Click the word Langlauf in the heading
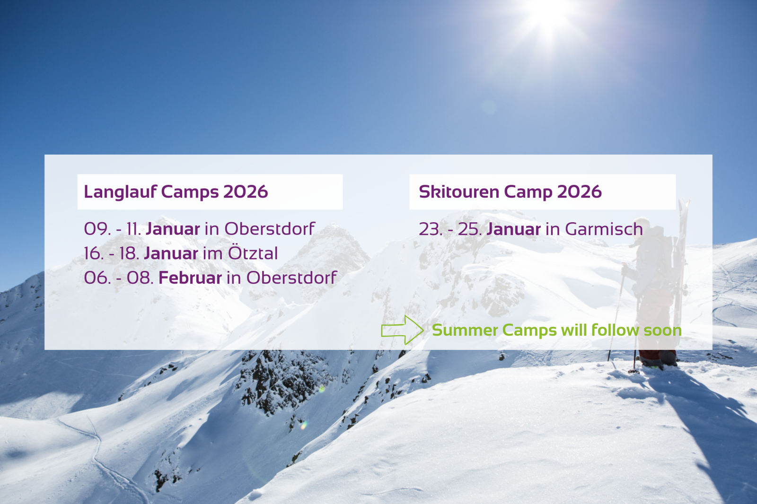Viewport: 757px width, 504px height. (x=120, y=192)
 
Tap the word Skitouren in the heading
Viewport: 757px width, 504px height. (x=459, y=192)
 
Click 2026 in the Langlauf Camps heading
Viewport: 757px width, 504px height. (x=246, y=192)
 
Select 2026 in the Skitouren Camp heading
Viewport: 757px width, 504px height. (x=580, y=192)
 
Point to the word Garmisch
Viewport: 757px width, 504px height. (x=604, y=229)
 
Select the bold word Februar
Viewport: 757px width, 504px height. (x=190, y=278)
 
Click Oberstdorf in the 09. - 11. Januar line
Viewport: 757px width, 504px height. (x=270, y=228)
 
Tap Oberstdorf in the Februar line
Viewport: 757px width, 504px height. (x=291, y=278)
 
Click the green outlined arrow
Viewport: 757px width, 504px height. (x=402, y=330)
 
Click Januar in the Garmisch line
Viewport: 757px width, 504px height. (x=514, y=229)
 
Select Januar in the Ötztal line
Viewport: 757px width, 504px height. (x=171, y=253)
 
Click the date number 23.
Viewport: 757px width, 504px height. (x=430, y=229)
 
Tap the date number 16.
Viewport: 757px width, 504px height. (x=93, y=253)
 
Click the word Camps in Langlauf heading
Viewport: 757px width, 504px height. (x=190, y=192)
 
